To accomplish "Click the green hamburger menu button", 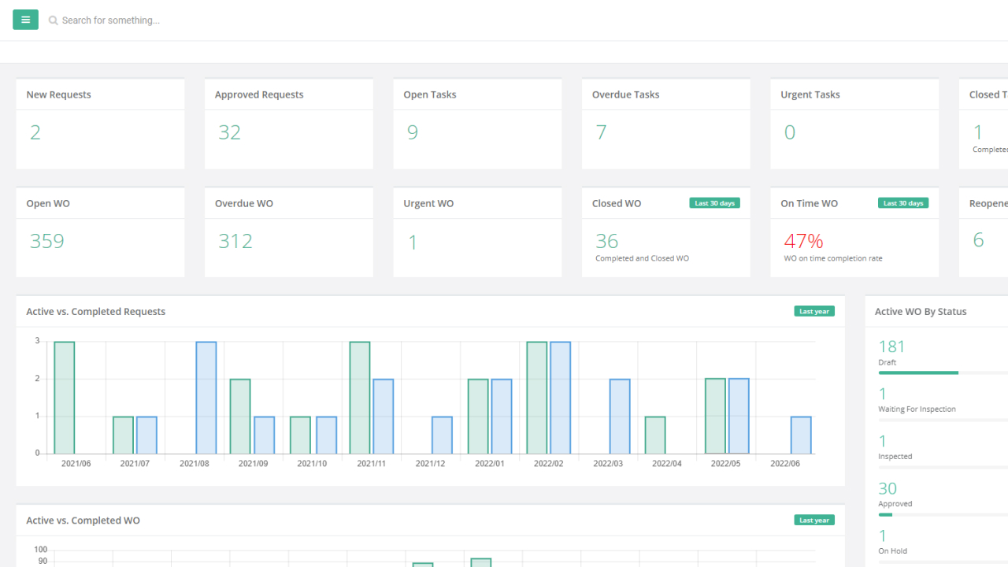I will [25, 20].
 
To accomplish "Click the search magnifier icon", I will [54, 20].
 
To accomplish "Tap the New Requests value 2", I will [35, 132].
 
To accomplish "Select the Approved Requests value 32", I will [229, 132].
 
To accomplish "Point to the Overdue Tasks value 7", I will [601, 132].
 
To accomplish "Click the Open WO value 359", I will [46, 241].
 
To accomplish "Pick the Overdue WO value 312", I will [235, 241].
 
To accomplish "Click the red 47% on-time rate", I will [803, 241].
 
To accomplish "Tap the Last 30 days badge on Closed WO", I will [714, 203].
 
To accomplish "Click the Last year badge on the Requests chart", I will [814, 311].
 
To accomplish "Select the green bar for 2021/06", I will [65, 398].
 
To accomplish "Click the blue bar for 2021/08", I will [206, 398].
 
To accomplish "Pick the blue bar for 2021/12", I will [442, 435].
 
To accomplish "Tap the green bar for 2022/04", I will [655, 435].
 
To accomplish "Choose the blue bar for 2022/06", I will [801, 435].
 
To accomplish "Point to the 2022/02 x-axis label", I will [548, 464].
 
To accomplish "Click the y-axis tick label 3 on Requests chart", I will [37, 341].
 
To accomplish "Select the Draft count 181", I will [891, 346].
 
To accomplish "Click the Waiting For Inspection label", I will [917, 409].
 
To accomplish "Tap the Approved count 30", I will [888, 488].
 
